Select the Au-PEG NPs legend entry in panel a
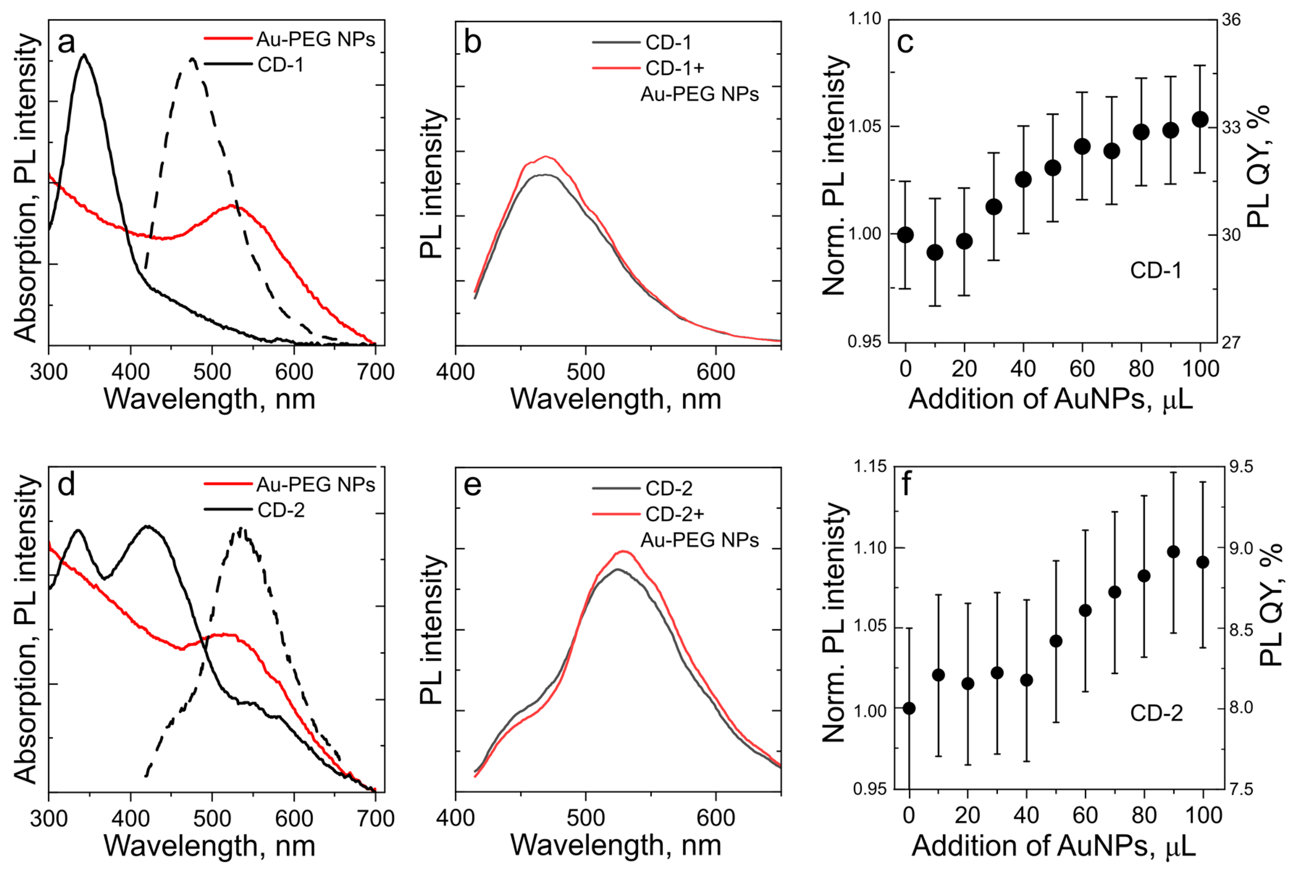click(315, 39)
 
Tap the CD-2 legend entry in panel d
click(281, 510)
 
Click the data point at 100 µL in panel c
click(1201, 119)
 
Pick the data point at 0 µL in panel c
click(905, 234)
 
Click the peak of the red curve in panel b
click(546, 156)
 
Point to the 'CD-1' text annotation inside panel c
click(1155, 270)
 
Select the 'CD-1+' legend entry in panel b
click(674, 68)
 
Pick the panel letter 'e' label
click(472, 485)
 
